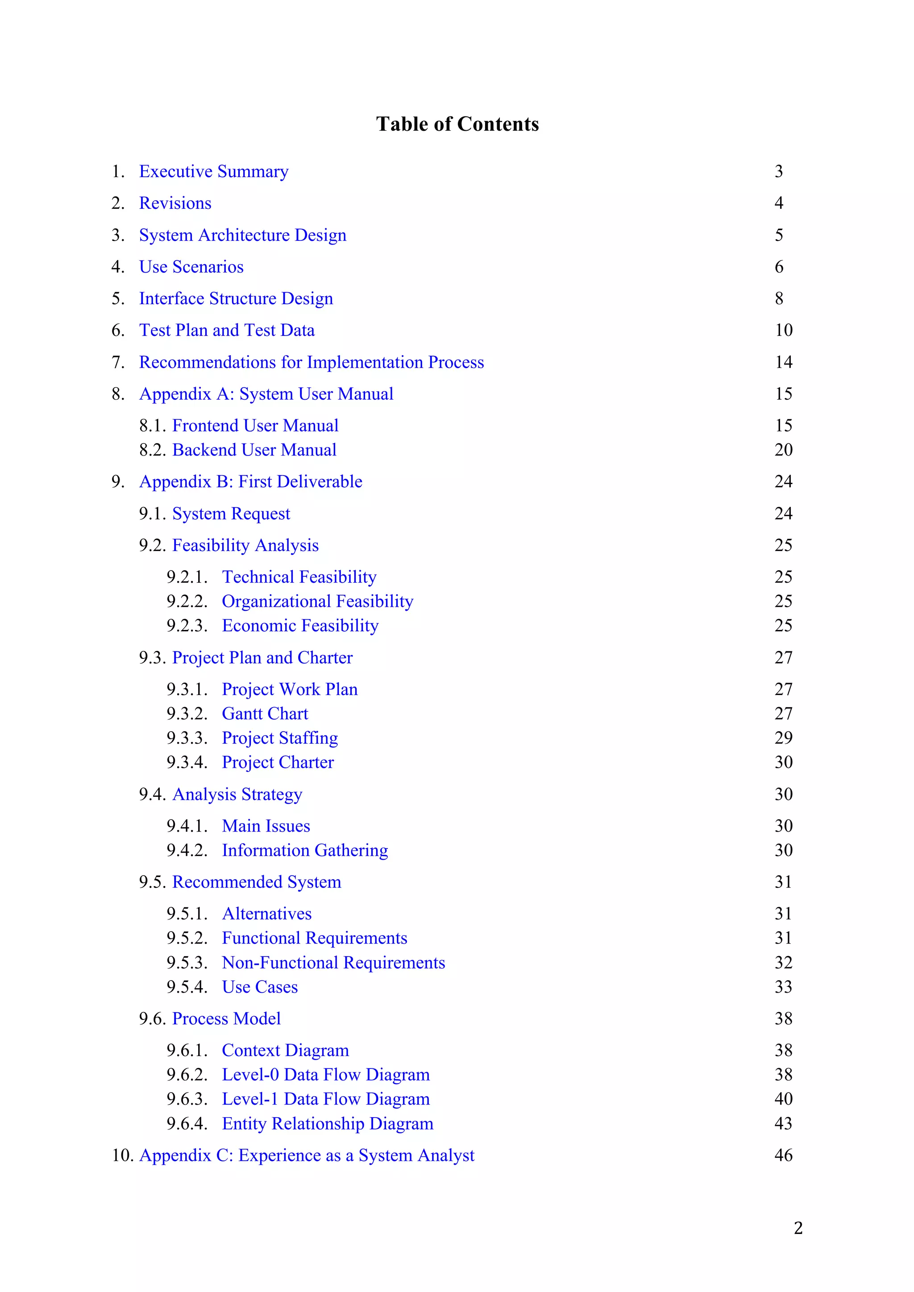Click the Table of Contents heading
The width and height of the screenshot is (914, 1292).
pyautogui.click(x=457, y=124)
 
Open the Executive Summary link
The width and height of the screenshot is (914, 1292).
pyautogui.click(x=213, y=171)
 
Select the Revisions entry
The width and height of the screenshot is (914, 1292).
pyautogui.click(x=175, y=203)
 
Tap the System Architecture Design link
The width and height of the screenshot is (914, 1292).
pyautogui.click(x=243, y=235)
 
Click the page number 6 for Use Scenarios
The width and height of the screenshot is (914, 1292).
pyautogui.click(x=779, y=267)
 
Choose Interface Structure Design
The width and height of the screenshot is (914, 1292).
pyautogui.click(x=236, y=299)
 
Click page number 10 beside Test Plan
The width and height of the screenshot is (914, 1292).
pyautogui.click(x=783, y=330)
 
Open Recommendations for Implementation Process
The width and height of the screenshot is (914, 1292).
pyautogui.click(x=311, y=362)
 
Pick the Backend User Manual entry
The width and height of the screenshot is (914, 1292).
pyautogui.click(x=254, y=450)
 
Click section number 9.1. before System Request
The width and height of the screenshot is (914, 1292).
pyautogui.click(x=153, y=514)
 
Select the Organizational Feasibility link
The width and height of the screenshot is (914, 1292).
pyautogui.click(x=317, y=601)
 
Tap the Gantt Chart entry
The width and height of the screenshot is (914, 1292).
pyautogui.click(x=265, y=713)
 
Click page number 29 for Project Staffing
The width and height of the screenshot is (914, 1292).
pyautogui.click(x=783, y=738)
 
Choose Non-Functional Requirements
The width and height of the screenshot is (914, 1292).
pyautogui.click(x=333, y=963)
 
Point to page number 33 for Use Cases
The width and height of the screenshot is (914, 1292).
pyautogui.click(x=783, y=987)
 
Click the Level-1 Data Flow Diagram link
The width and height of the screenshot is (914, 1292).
pyautogui.click(x=325, y=1099)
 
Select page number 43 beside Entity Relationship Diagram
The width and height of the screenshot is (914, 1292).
pyautogui.click(x=783, y=1124)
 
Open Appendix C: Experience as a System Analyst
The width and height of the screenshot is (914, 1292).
pyautogui.click(x=307, y=1155)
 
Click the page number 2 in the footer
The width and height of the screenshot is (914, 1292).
pyautogui.click(x=798, y=1228)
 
